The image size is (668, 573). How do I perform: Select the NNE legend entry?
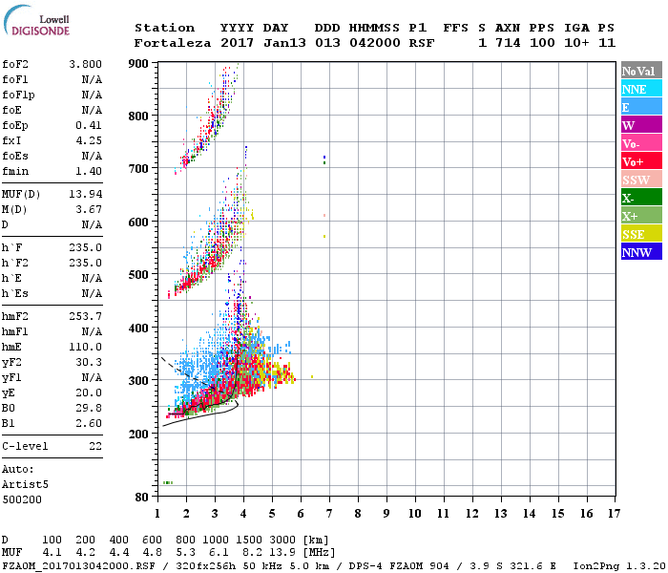point(640,89)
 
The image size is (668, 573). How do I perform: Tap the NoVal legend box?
point(640,71)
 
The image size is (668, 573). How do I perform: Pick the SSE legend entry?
point(640,234)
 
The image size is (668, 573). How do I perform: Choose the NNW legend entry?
point(640,252)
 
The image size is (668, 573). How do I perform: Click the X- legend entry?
point(640,198)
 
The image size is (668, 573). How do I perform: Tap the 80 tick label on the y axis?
point(141,497)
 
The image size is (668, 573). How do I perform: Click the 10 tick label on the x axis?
point(414,514)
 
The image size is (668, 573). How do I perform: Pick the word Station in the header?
point(164,28)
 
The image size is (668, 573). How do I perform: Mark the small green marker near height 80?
point(168,482)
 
